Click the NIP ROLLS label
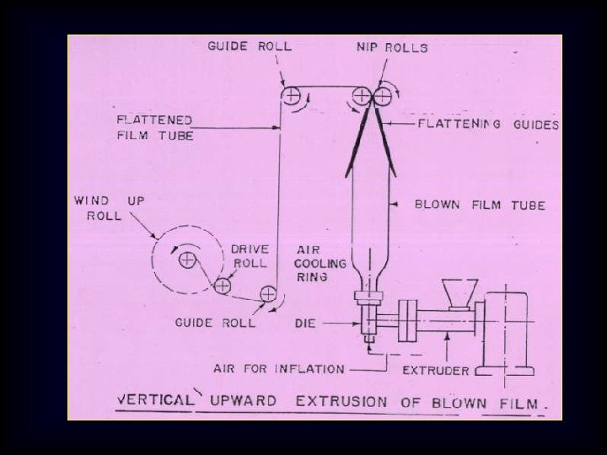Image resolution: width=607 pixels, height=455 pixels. [x=392, y=47]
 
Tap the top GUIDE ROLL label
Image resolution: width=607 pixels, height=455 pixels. [x=250, y=46]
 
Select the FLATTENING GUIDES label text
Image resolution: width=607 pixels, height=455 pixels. [x=488, y=125]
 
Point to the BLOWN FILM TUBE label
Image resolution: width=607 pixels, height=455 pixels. [x=480, y=205]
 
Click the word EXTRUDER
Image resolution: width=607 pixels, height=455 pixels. [x=436, y=371]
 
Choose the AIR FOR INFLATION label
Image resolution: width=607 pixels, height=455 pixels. [x=279, y=369]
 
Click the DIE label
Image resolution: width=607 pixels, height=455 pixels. [x=305, y=323]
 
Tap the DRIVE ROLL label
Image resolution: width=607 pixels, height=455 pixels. [x=250, y=256]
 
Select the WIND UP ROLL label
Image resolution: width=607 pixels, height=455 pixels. [x=109, y=208]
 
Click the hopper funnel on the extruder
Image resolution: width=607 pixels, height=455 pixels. [x=460, y=294]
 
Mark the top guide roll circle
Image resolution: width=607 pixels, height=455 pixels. [x=291, y=95]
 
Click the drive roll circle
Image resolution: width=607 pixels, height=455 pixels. [x=223, y=286]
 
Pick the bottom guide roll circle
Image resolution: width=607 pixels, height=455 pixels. [x=268, y=294]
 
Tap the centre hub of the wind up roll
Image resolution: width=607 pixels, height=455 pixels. [x=187, y=260]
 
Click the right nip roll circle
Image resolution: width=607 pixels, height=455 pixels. [x=382, y=96]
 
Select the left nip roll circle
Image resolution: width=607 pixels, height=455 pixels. [x=362, y=95]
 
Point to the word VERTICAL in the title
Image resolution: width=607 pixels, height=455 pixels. [x=155, y=399]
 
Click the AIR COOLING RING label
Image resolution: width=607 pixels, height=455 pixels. [x=320, y=263]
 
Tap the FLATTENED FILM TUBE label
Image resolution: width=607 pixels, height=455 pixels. [x=155, y=128]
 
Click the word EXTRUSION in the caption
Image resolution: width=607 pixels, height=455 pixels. [x=341, y=401]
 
